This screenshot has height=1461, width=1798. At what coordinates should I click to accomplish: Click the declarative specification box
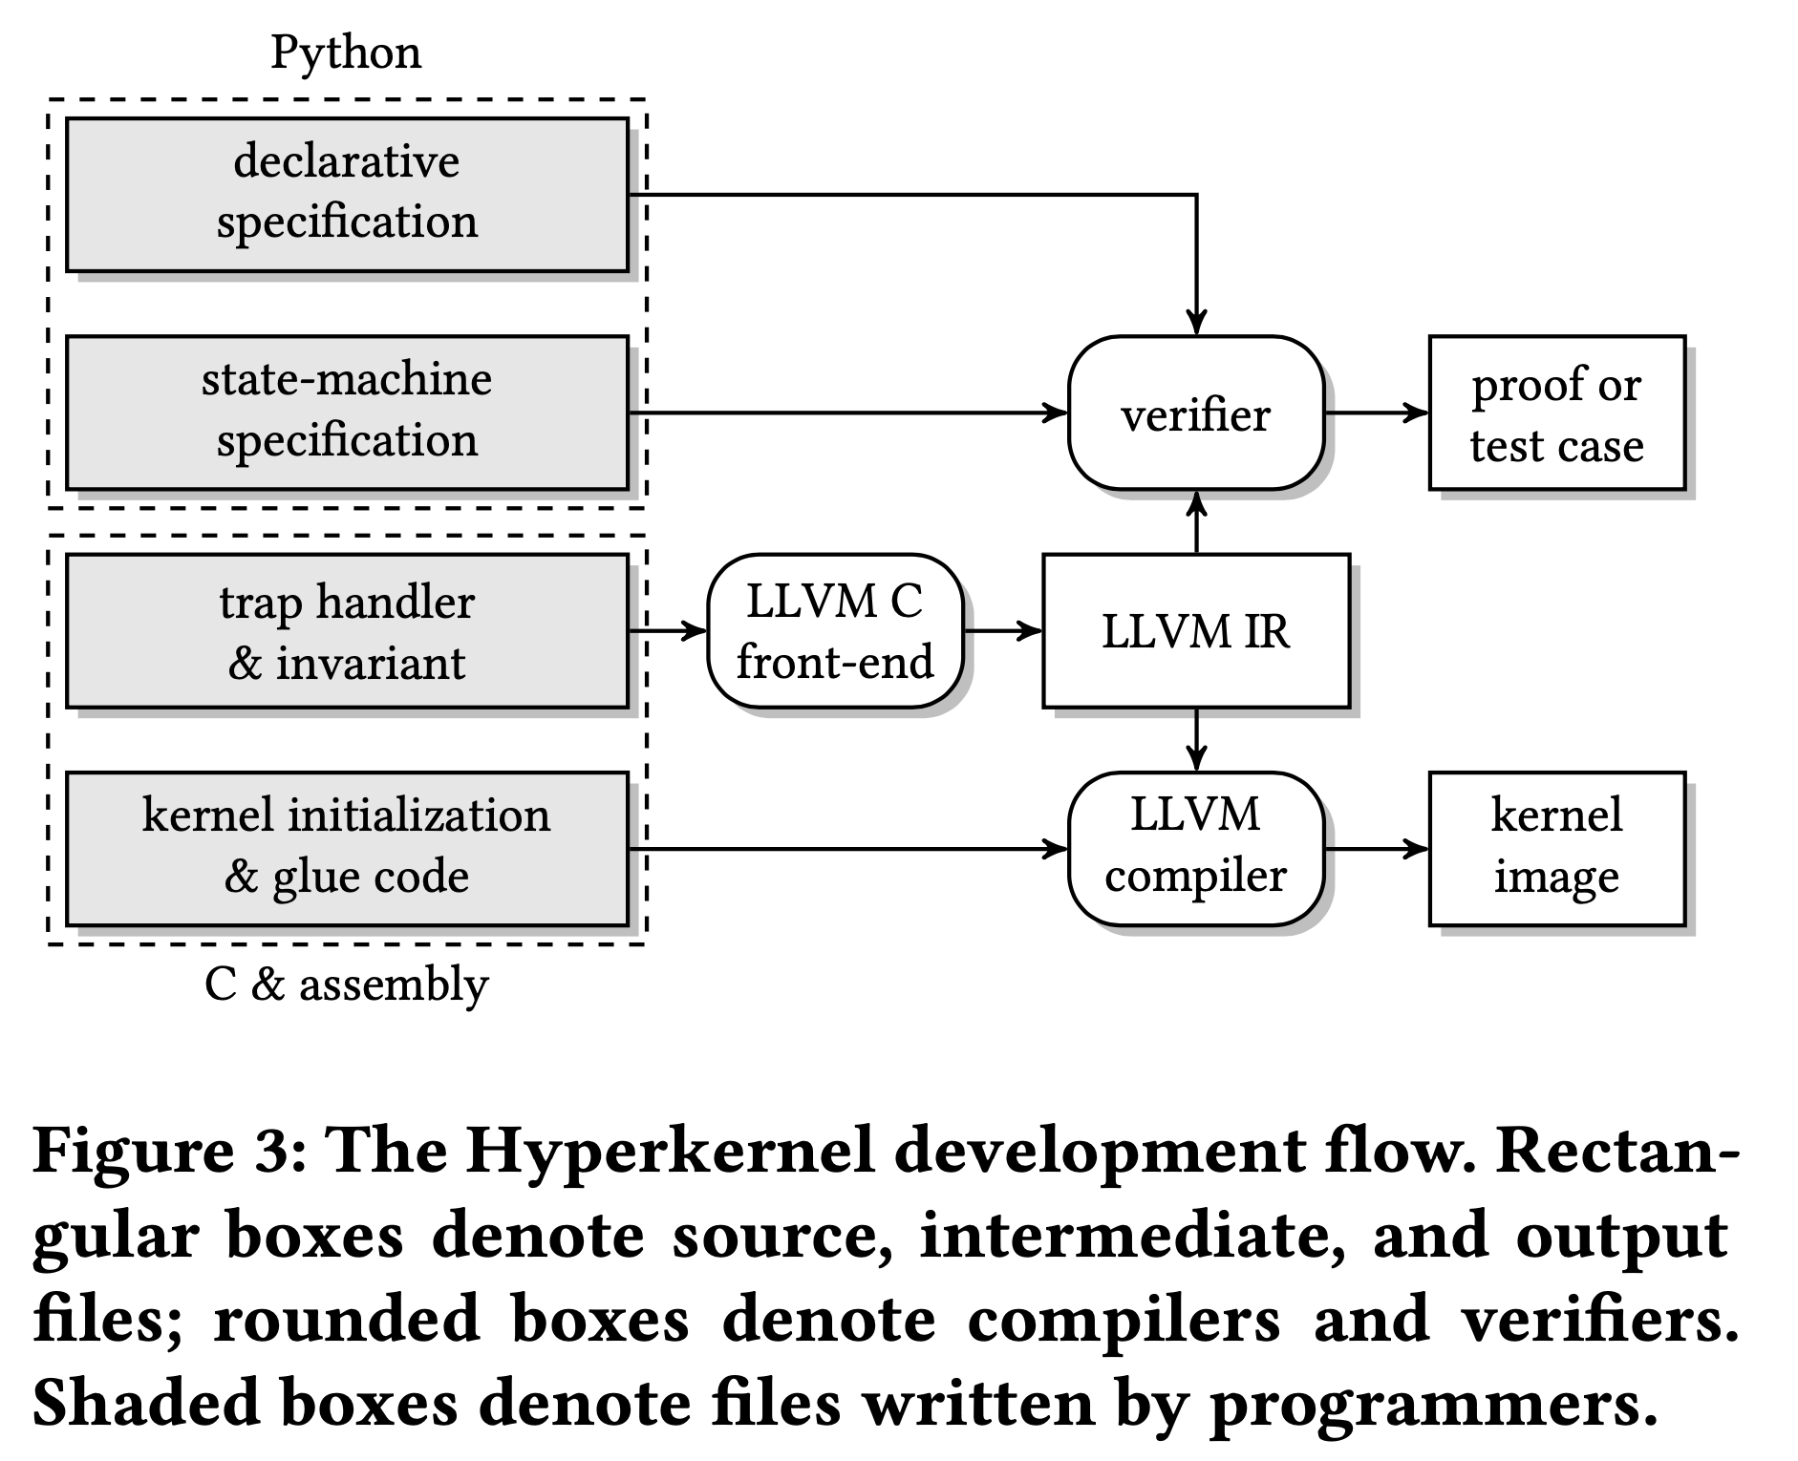[347, 195]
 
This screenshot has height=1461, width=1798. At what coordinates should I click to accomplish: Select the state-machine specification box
[347, 413]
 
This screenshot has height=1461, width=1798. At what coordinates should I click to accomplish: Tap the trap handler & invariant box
[347, 631]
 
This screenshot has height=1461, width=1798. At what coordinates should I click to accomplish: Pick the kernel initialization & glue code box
[347, 849]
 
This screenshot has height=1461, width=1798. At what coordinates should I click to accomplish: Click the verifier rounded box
[1196, 413]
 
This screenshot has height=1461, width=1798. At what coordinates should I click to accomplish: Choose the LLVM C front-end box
[835, 631]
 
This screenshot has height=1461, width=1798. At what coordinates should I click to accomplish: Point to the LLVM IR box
[1196, 631]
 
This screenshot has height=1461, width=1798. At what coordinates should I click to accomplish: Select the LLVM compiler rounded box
[1196, 849]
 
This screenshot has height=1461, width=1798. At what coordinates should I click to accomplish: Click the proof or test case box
[1557, 413]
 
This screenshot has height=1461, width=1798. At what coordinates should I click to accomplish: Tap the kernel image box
[1557, 849]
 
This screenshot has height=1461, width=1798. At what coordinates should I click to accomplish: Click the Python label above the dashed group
[346, 53]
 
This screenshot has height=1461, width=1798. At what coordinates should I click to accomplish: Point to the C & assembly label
[346, 985]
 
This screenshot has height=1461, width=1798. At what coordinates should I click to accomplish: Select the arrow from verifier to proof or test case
[1377, 413]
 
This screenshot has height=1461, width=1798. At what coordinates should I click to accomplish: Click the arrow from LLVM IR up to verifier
[1196, 522]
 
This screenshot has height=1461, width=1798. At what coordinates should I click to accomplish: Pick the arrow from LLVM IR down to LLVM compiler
[1196, 740]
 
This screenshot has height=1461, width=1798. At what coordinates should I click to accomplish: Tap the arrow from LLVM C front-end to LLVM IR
[1003, 631]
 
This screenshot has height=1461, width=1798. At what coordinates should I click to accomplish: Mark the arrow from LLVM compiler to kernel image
[1377, 849]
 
